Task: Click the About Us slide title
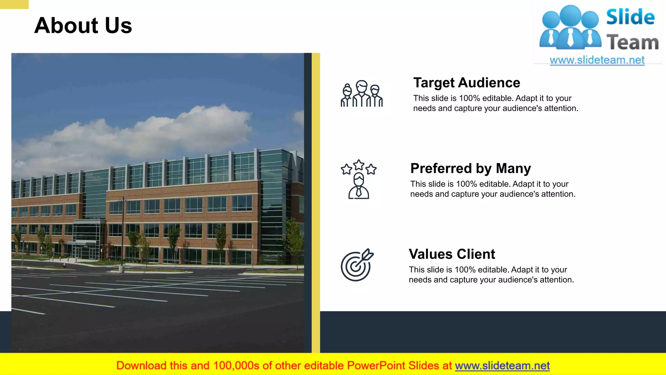tap(83, 26)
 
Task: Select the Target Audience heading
tap(466, 83)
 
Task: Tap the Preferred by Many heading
tap(470, 168)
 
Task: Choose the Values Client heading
tap(452, 254)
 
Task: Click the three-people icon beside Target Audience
tap(362, 94)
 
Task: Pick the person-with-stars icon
tap(359, 180)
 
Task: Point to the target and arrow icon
tap(357, 265)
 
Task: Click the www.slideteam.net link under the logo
tap(597, 60)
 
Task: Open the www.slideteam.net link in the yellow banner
tap(502, 366)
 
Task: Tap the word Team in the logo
tap(632, 43)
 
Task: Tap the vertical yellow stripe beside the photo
tap(316, 202)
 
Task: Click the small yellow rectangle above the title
tap(14, 4)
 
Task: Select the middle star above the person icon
tap(359, 165)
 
